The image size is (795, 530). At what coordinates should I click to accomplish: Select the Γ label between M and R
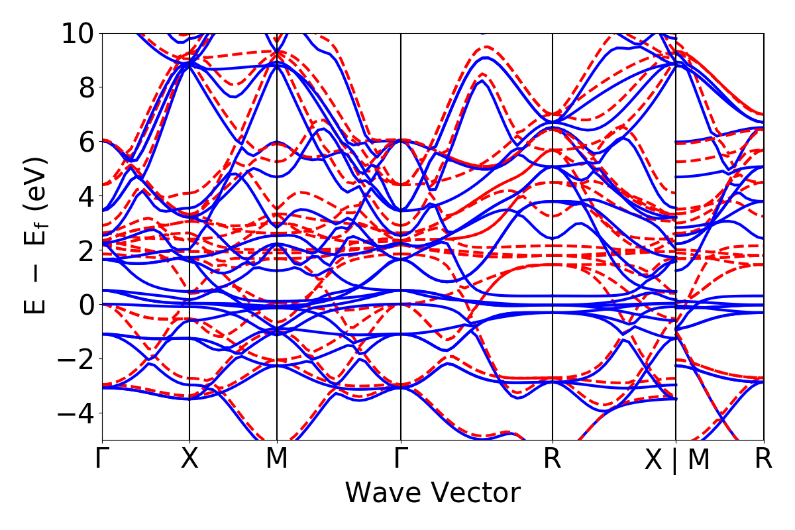tap(401, 459)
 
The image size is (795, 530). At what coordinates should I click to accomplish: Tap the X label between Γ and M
tap(190, 459)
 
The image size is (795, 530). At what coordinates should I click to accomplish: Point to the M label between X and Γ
tap(277, 459)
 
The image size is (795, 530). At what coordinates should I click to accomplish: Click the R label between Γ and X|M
tap(553, 459)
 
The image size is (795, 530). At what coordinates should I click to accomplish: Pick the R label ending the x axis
tap(764, 459)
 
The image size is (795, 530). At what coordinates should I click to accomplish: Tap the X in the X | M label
tap(654, 460)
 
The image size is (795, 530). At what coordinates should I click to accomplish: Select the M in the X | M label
tap(698, 460)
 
